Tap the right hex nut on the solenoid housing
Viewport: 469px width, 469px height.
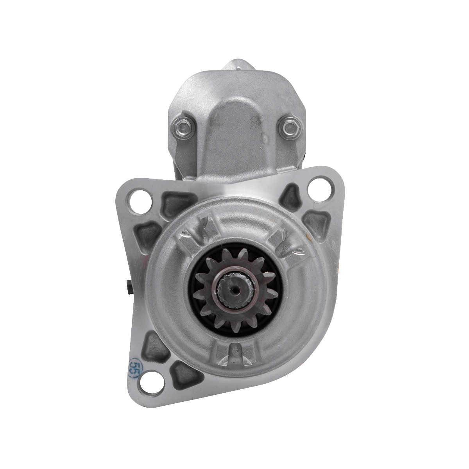pyautogui.click(x=289, y=127)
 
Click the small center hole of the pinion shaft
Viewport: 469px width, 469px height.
pyautogui.click(x=235, y=290)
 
